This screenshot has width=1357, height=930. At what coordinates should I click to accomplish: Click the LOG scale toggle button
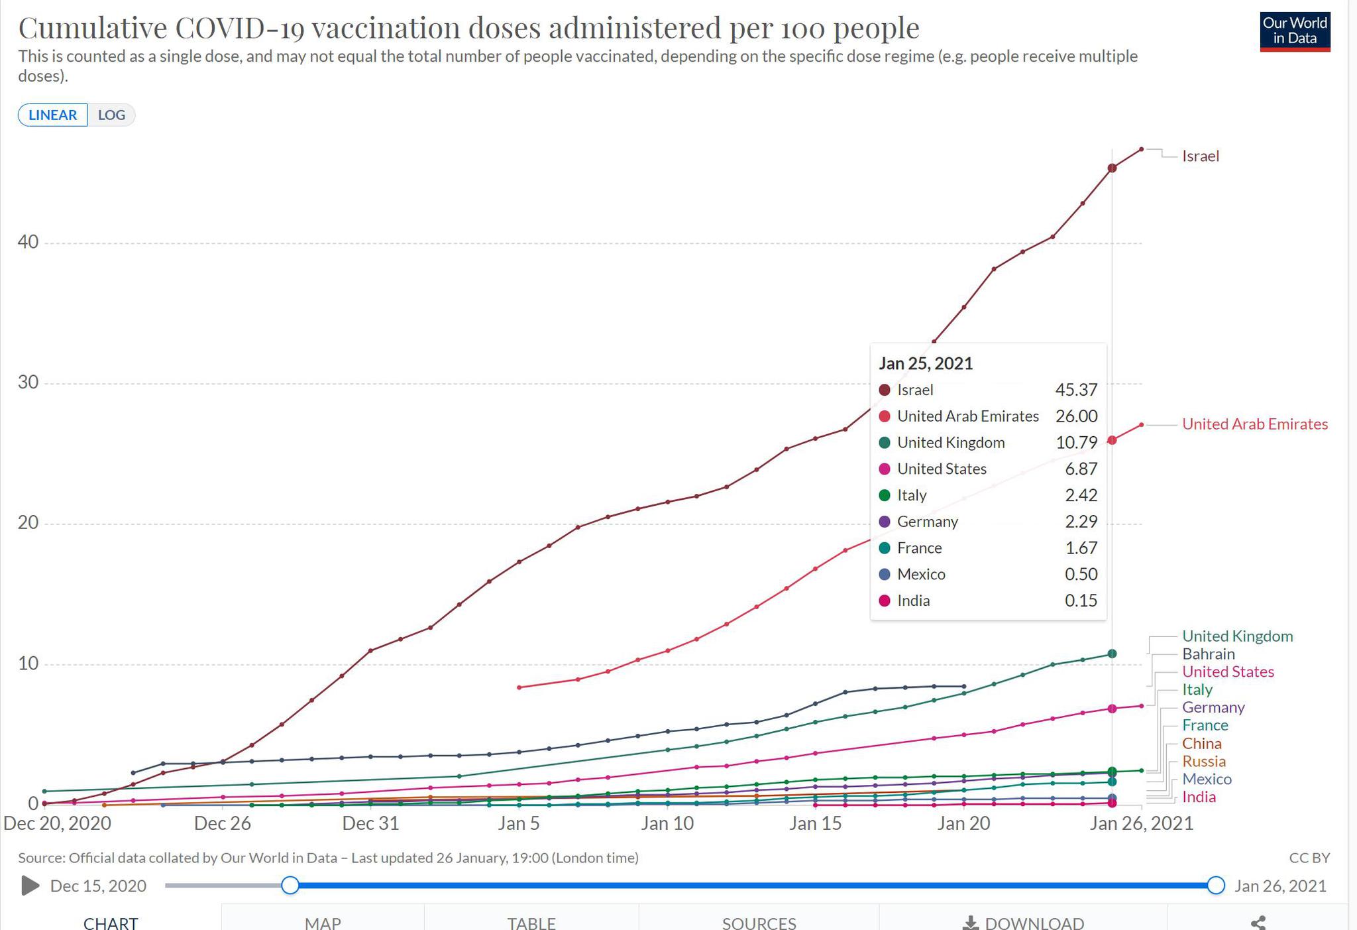(111, 115)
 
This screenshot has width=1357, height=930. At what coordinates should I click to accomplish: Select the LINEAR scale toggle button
(53, 115)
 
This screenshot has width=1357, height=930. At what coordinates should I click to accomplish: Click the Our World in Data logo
(1295, 31)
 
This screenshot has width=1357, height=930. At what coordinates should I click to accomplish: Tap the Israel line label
(1200, 156)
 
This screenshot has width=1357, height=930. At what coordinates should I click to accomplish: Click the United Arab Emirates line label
(1254, 424)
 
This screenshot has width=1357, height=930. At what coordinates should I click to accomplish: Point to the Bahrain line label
(1208, 654)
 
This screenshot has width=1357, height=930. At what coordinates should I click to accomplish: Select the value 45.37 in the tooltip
(1076, 390)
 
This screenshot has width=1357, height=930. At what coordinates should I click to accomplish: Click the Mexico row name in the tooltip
(921, 574)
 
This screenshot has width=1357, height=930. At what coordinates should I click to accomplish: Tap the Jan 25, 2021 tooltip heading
(926, 363)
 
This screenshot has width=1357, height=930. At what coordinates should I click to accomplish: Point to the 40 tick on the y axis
(28, 243)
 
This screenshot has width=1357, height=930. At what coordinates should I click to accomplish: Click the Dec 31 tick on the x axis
(370, 823)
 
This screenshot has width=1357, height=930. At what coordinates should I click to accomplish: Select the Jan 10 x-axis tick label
(667, 823)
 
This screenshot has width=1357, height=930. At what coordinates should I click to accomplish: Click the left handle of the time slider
(290, 885)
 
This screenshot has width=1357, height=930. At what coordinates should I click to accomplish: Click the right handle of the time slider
(1215, 885)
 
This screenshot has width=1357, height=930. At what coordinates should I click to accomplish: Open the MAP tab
(323, 922)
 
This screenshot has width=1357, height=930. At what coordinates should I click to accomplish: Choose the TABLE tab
(531, 922)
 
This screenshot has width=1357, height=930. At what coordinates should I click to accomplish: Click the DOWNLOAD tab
(1023, 922)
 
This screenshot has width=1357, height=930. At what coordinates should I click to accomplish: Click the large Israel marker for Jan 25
(1112, 168)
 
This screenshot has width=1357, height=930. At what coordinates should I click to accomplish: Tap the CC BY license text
(1309, 858)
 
